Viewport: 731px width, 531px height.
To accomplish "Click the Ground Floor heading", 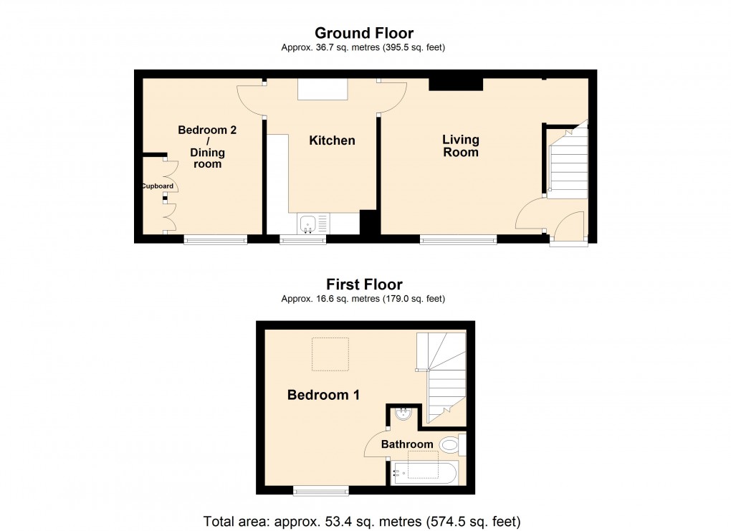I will (x=364, y=33).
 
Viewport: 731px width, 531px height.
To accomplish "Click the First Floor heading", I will (x=364, y=284).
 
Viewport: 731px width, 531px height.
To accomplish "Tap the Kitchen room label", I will (x=332, y=140).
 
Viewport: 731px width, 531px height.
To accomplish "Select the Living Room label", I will (x=460, y=145).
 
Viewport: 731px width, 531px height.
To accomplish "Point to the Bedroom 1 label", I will (x=323, y=395).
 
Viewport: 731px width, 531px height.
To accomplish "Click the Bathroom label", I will (x=406, y=444).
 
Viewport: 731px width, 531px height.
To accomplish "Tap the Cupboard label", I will (x=157, y=186).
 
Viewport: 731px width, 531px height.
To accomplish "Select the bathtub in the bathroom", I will (x=424, y=473).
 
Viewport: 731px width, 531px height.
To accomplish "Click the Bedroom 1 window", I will (x=320, y=491).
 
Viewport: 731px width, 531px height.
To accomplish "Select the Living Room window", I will (x=458, y=241).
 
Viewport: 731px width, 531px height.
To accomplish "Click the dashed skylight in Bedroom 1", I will (x=330, y=354).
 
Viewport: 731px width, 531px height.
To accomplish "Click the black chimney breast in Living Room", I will (x=456, y=85).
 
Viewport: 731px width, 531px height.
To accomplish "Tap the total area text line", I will (x=362, y=521).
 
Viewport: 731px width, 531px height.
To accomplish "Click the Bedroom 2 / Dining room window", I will (x=216, y=241).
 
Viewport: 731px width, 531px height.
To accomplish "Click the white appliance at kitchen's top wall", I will (x=322, y=90).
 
